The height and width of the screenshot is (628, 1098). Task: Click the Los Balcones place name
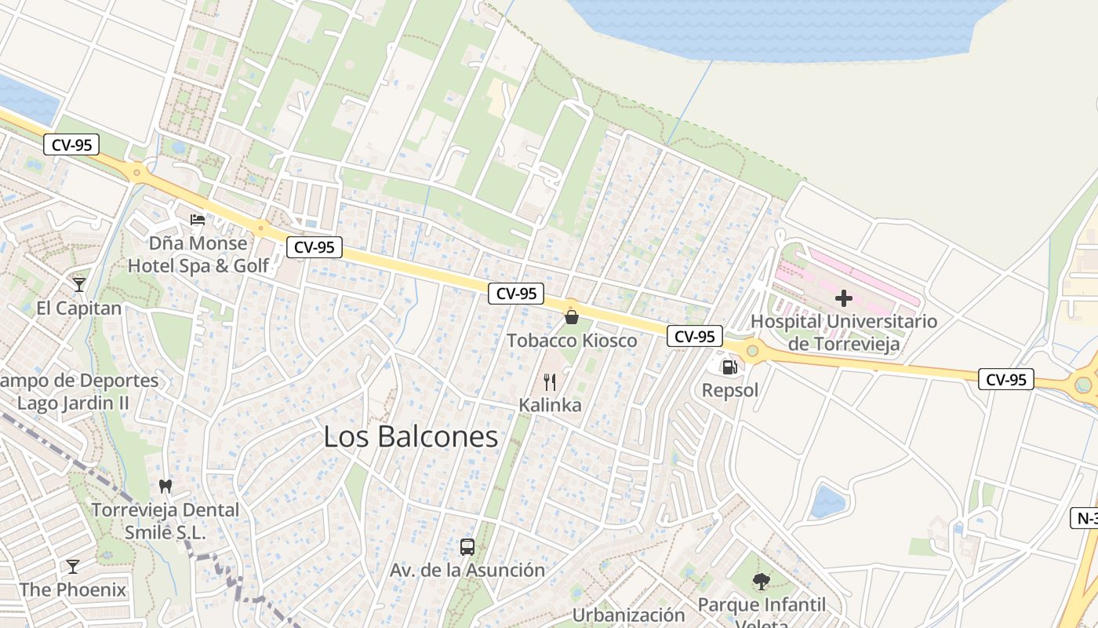coord(410,437)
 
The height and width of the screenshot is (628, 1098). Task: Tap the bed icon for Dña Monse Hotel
coord(198,220)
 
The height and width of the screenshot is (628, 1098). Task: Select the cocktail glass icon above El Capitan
coord(78,284)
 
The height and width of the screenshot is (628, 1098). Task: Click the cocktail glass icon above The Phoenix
coord(73,566)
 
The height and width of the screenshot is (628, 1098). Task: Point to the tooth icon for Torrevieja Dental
coord(165,486)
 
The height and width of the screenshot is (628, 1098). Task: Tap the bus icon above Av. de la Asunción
coord(467,546)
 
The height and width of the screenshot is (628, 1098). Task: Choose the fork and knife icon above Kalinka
coord(550,382)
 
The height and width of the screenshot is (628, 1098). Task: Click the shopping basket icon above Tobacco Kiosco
coord(571,317)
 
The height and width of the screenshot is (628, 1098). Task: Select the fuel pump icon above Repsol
coord(729,367)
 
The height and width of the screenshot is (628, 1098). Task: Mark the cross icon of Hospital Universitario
coord(844,298)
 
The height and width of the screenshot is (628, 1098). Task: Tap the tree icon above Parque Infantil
coord(761,582)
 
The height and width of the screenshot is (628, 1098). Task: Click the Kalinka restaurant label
coord(550,405)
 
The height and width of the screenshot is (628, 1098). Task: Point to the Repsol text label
coord(729,390)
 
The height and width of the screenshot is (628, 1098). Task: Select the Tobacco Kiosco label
coord(571,341)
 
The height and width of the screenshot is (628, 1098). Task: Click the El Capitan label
coord(78,308)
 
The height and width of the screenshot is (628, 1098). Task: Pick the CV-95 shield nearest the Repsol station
coord(695,336)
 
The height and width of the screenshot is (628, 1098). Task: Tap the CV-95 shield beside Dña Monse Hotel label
coord(314,247)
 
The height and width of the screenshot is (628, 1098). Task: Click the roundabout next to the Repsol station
coord(753,350)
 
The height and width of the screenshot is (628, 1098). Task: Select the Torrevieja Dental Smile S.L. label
coord(165,520)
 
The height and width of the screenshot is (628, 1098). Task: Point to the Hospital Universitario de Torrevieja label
coord(844,332)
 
